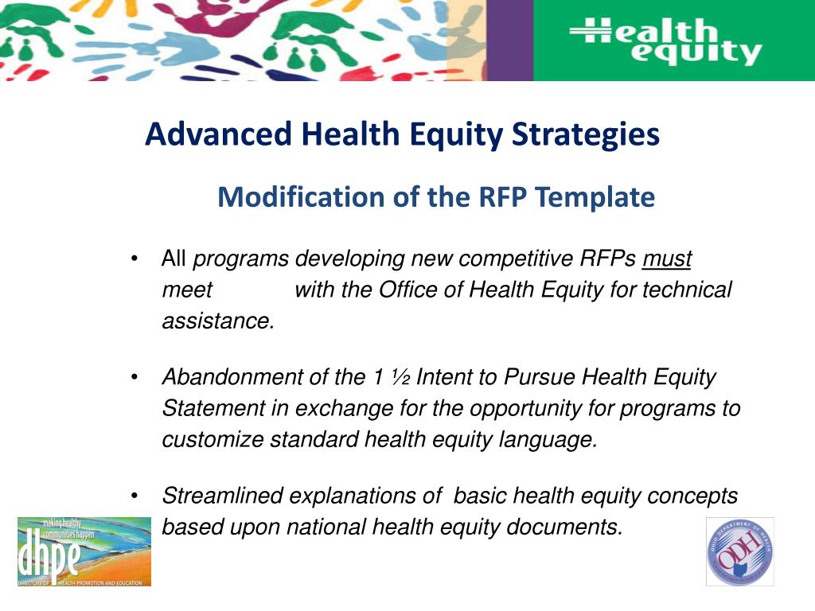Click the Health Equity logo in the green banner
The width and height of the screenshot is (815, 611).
[x=665, y=41]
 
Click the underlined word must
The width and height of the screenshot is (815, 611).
[x=667, y=259]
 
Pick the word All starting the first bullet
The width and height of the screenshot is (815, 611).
[x=174, y=259]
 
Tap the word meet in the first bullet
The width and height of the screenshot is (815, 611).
[x=187, y=290]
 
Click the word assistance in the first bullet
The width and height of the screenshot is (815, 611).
[x=217, y=321]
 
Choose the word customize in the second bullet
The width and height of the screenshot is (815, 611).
[x=213, y=439]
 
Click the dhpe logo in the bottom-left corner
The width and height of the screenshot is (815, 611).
[x=84, y=551]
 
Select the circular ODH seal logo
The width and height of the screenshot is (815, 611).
[x=740, y=551]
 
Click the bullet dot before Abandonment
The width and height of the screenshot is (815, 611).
[x=137, y=377]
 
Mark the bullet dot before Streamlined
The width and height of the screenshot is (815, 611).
[x=137, y=496]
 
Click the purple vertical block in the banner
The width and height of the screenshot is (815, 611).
[x=509, y=40]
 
